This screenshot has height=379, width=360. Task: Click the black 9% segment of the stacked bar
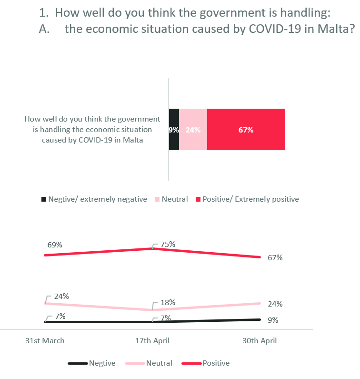pyautogui.click(x=174, y=130)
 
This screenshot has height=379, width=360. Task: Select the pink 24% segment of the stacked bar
pyautogui.click(x=193, y=130)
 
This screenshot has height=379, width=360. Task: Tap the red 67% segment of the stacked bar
pyautogui.click(x=246, y=130)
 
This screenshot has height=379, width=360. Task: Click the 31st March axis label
pyautogui.click(x=45, y=340)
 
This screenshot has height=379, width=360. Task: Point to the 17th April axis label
pyautogui.click(x=152, y=340)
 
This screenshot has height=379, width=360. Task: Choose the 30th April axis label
pyautogui.click(x=260, y=340)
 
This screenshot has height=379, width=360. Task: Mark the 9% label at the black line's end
pyautogui.click(x=273, y=320)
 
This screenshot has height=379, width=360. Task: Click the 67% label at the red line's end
pyautogui.click(x=275, y=258)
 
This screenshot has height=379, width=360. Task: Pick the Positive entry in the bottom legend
pyautogui.click(x=216, y=363)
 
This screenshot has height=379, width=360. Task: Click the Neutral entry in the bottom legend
pyautogui.click(x=159, y=363)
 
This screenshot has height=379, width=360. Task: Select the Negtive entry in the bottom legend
pyautogui.click(x=102, y=363)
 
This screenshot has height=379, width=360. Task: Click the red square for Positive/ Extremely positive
pyautogui.click(x=199, y=199)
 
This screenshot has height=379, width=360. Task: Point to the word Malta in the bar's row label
pyautogui.click(x=134, y=140)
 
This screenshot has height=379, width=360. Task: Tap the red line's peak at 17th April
pyautogui.click(x=152, y=249)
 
